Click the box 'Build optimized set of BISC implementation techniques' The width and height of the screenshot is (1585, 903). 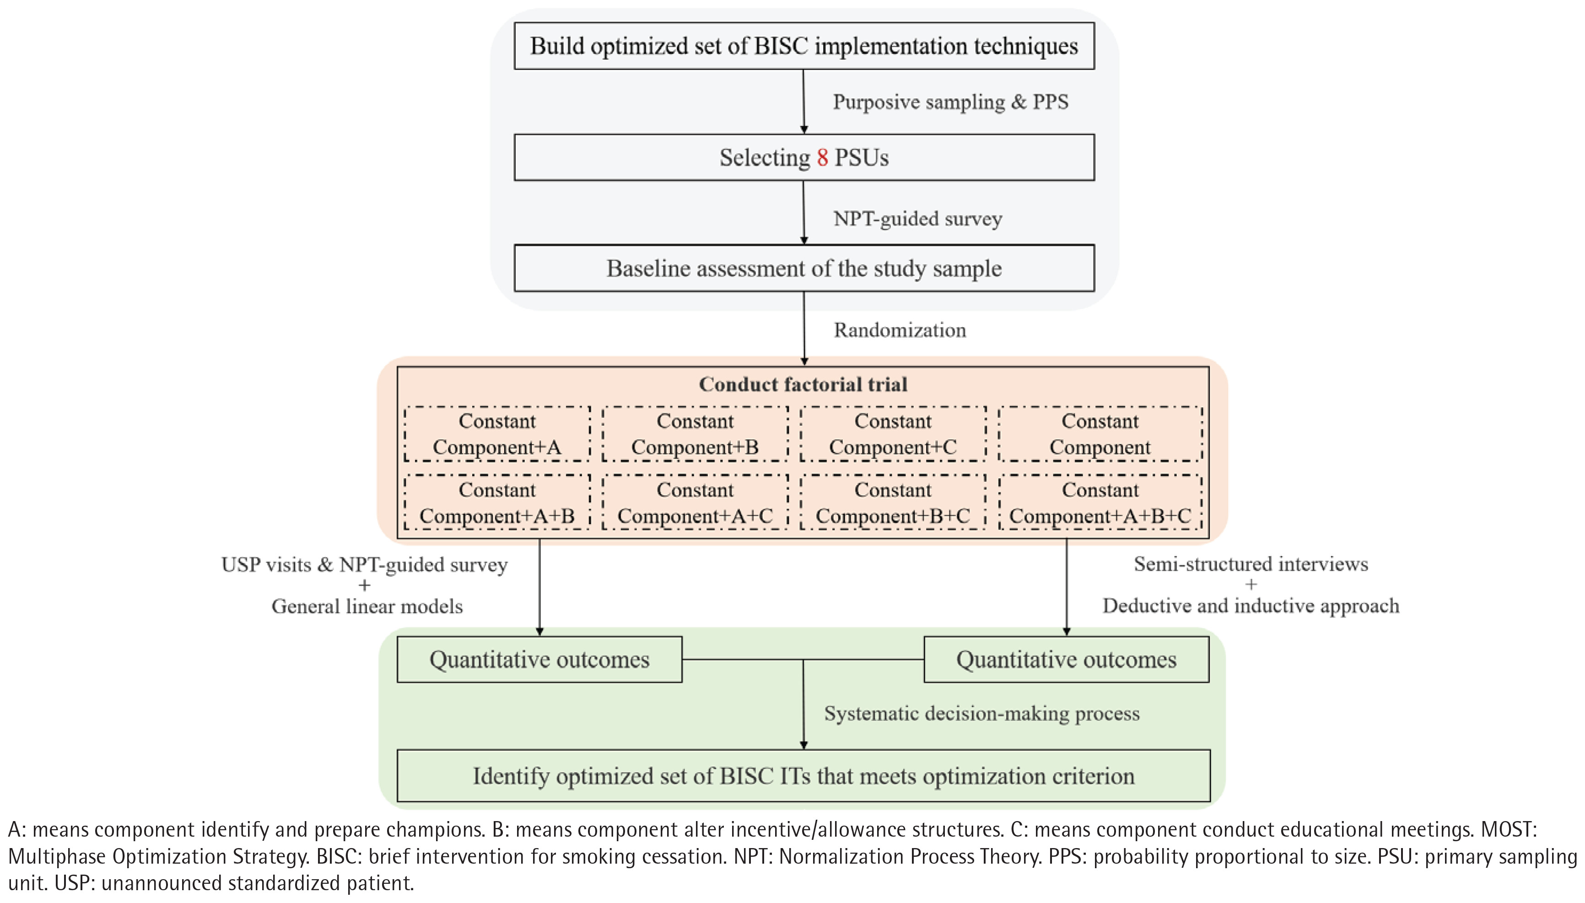[804, 46]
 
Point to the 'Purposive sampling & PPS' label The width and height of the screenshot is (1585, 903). [950, 102]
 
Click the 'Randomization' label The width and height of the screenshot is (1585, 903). [900, 330]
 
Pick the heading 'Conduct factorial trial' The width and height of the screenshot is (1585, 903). [803, 384]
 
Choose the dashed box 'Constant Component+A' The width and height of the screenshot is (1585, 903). [497, 434]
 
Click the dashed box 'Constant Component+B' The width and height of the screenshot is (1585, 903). [695, 434]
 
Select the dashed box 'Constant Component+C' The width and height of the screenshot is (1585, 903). [893, 434]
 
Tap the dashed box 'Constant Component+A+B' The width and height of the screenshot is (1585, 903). [497, 503]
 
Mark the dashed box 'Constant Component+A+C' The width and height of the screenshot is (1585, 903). [695, 503]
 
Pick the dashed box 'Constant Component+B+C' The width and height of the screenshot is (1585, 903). [893, 503]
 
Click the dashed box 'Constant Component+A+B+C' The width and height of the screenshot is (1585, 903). [1100, 503]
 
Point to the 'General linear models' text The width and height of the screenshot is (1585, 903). [367, 606]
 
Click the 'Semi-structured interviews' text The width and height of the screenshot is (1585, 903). [1251, 564]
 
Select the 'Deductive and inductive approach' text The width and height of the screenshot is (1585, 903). [1251, 606]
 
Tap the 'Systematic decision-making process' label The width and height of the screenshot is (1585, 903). [982, 713]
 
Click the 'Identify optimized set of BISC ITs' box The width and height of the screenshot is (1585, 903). [803, 776]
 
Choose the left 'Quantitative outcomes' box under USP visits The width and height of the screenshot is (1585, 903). [539, 659]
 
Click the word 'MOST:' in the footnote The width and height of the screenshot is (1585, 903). [1509, 830]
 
